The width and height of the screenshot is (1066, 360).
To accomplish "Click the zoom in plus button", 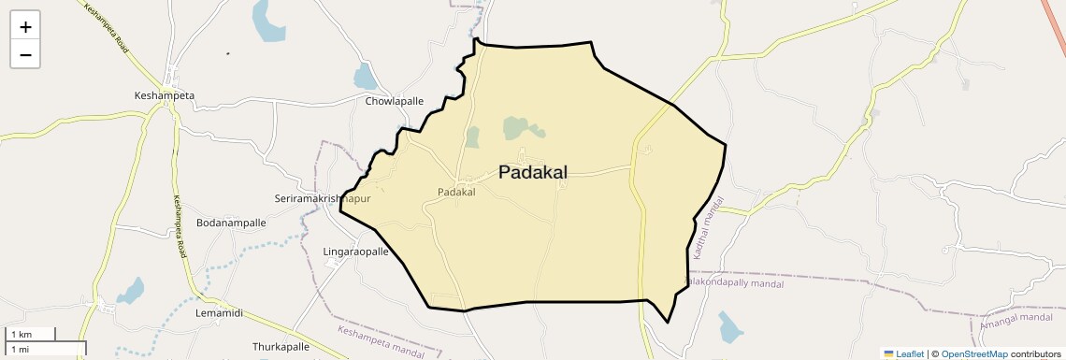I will click(25, 26).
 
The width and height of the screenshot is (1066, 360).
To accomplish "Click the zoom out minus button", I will click(25, 54).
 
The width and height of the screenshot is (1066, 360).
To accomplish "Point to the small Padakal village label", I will click(456, 193).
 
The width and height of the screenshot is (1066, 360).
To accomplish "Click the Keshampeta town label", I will click(165, 95).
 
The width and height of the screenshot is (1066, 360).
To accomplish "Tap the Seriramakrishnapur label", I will click(323, 199).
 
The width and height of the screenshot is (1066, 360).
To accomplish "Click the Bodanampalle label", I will click(231, 223).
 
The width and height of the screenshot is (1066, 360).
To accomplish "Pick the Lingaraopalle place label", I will click(354, 252).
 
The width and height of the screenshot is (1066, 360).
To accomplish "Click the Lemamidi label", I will click(219, 313).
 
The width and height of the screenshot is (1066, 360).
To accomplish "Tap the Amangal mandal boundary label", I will click(1016, 318).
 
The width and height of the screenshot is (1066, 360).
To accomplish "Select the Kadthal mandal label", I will click(709, 228).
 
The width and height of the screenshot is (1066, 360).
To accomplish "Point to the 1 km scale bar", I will click(28, 334).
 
